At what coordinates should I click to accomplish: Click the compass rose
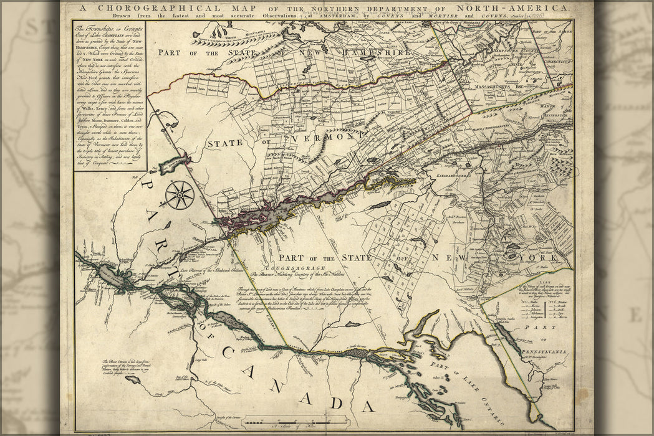click(x=180, y=195)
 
